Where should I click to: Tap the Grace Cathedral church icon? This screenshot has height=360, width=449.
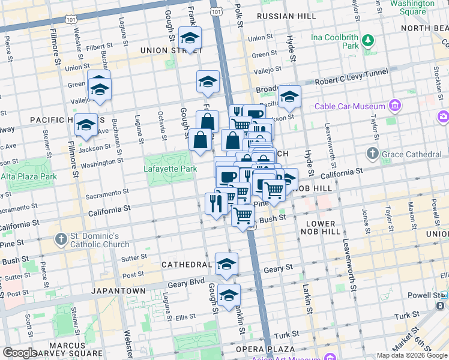[x=372, y=154]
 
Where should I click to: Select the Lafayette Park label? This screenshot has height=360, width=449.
[x=170, y=169]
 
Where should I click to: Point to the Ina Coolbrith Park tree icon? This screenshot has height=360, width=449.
[x=368, y=41]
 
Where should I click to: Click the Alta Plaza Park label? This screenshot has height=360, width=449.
[x=28, y=176]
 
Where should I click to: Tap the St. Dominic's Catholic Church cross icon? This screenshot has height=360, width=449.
[x=61, y=239]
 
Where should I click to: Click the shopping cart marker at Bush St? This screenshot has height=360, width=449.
[x=243, y=215]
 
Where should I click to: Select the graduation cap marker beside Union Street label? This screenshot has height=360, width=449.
[x=190, y=38]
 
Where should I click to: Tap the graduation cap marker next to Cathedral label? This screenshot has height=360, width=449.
[x=226, y=264]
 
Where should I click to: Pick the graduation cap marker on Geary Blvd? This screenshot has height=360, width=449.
[x=229, y=295]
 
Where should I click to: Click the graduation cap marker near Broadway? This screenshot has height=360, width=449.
[x=289, y=97]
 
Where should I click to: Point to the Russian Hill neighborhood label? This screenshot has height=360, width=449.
[x=280, y=16]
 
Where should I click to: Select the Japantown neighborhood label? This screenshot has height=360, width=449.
[x=118, y=290]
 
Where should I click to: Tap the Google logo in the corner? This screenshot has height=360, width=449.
[x=20, y=352]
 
